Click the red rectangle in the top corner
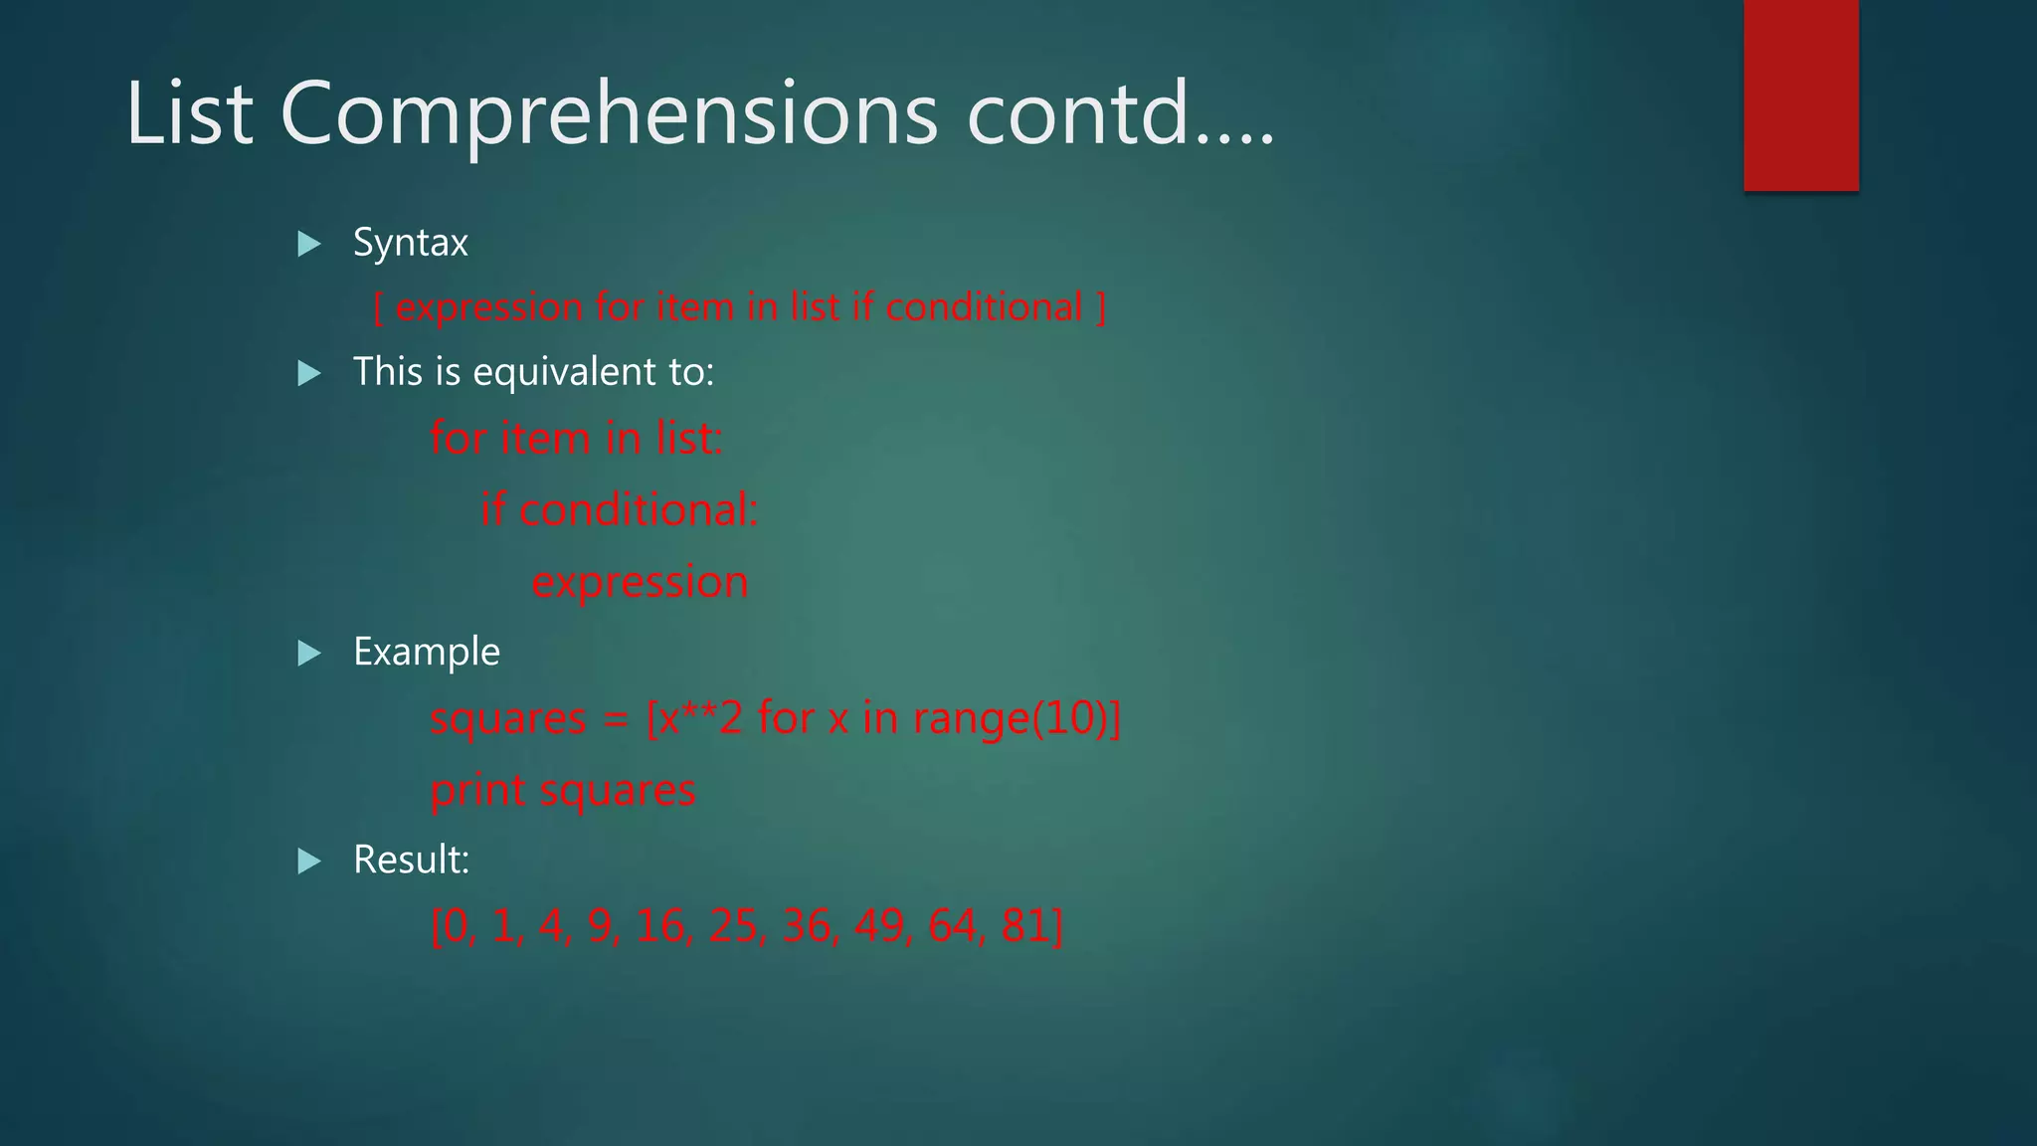(1800, 95)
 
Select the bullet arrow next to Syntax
(309, 244)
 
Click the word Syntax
(410, 243)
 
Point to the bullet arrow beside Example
(309, 654)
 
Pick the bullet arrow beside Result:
(309, 860)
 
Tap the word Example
(427, 653)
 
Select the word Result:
(411, 859)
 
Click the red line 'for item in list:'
(576, 438)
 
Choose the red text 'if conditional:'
(619, 510)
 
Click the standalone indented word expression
(640, 582)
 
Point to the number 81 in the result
(1024, 925)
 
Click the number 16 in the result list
(661, 925)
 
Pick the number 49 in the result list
(878, 925)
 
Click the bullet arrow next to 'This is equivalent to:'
(309, 374)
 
